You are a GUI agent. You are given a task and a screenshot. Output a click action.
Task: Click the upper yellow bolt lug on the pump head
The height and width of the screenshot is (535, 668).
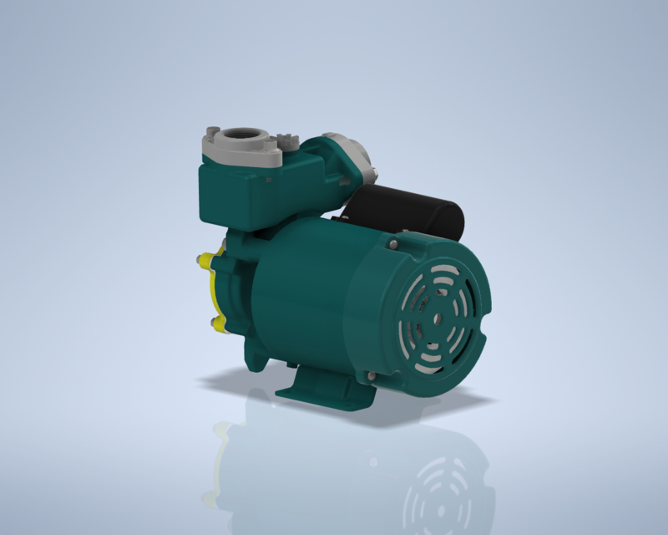[x=205, y=261]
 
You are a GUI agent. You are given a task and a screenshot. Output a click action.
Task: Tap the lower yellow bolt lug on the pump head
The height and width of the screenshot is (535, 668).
[x=218, y=323]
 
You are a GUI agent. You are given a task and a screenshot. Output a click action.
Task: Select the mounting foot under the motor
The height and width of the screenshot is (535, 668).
[x=321, y=386]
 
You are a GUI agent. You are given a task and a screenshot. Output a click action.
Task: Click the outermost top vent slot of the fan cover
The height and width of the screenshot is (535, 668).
[x=438, y=269]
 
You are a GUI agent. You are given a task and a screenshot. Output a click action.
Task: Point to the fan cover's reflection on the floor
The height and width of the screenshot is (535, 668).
[x=434, y=485]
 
